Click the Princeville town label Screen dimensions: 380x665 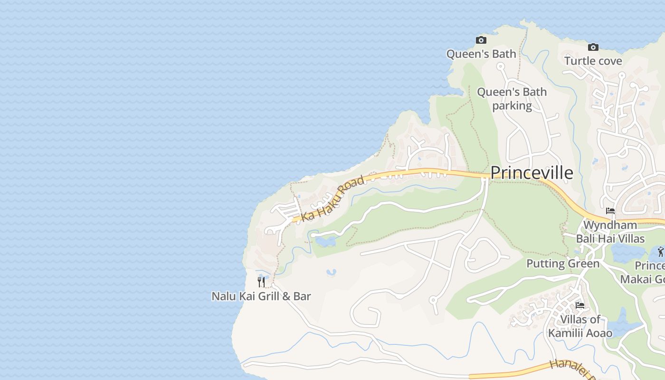point(532,173)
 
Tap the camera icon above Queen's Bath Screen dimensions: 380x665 point(481,40)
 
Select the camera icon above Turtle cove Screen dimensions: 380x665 point(593,47)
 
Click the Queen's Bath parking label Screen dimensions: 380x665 point(512,98)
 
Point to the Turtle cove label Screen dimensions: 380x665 point(593,61)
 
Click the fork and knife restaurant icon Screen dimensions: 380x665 point(261,282)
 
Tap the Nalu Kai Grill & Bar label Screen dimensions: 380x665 point(261,296)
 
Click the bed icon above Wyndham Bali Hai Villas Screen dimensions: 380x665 point(610,211)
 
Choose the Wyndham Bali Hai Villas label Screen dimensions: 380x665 point(610,232)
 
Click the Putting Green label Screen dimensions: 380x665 point(563,264)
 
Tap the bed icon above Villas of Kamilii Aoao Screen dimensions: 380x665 point(579,305)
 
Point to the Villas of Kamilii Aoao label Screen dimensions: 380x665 point(580,326)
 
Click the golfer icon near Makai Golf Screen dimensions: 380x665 point(661,251)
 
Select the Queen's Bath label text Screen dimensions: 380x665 point(481,54)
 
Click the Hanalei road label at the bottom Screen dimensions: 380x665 point(570,370)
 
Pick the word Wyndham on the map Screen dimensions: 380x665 point(610,225)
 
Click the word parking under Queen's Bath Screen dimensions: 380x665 point(512,105)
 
